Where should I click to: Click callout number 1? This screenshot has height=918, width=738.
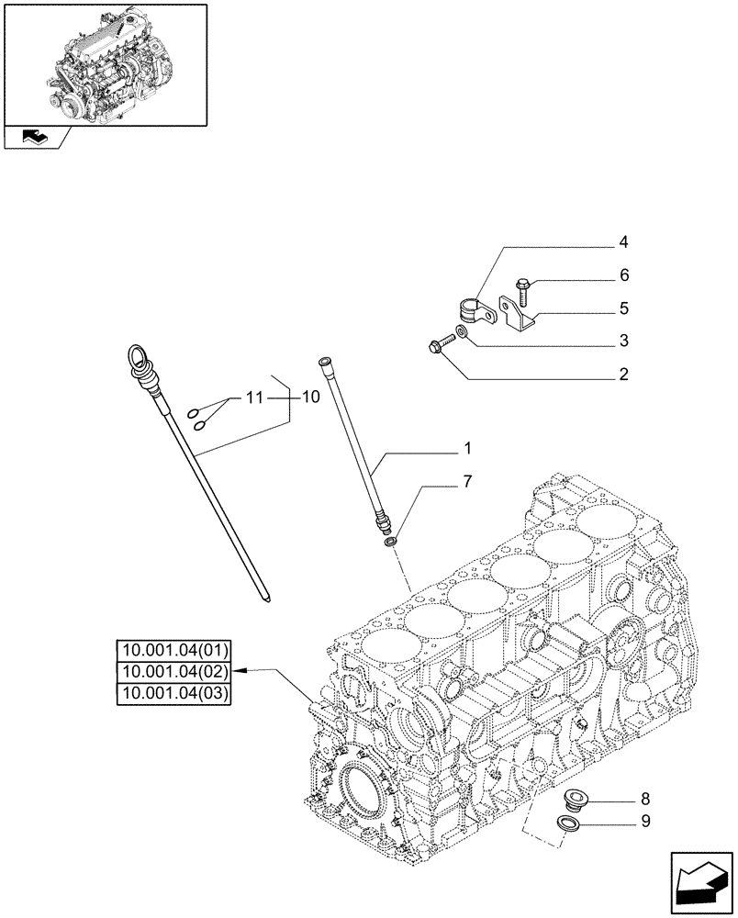[467, 450]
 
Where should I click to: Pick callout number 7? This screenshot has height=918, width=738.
[467, 482]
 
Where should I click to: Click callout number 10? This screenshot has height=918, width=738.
[309, 397]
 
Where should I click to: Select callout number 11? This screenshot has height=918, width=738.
[253, 397]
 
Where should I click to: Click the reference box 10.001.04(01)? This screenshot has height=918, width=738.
[174, 651]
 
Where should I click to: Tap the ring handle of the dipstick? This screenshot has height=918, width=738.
[137, 355]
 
